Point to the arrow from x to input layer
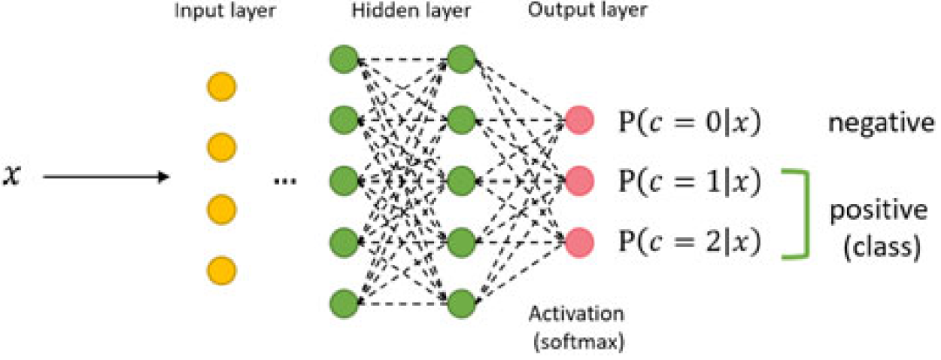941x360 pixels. pyautogui.click(x=105, y=179)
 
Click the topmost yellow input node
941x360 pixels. pyautogui.click(x=221, y=89)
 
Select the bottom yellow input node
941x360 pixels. pyautogui.click(x=221, y=268)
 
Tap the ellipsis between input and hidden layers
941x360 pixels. pyautogui.click(x=285, y=181)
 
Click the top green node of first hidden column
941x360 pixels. pyautogui.click(x=342, y=60)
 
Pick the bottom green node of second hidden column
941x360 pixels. pyautogui.click(x=462, y=302)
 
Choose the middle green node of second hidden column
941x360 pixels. pyautogui.click(x=462, y=181)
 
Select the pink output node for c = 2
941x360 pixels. pyautogui.click(x=580, y=240)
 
